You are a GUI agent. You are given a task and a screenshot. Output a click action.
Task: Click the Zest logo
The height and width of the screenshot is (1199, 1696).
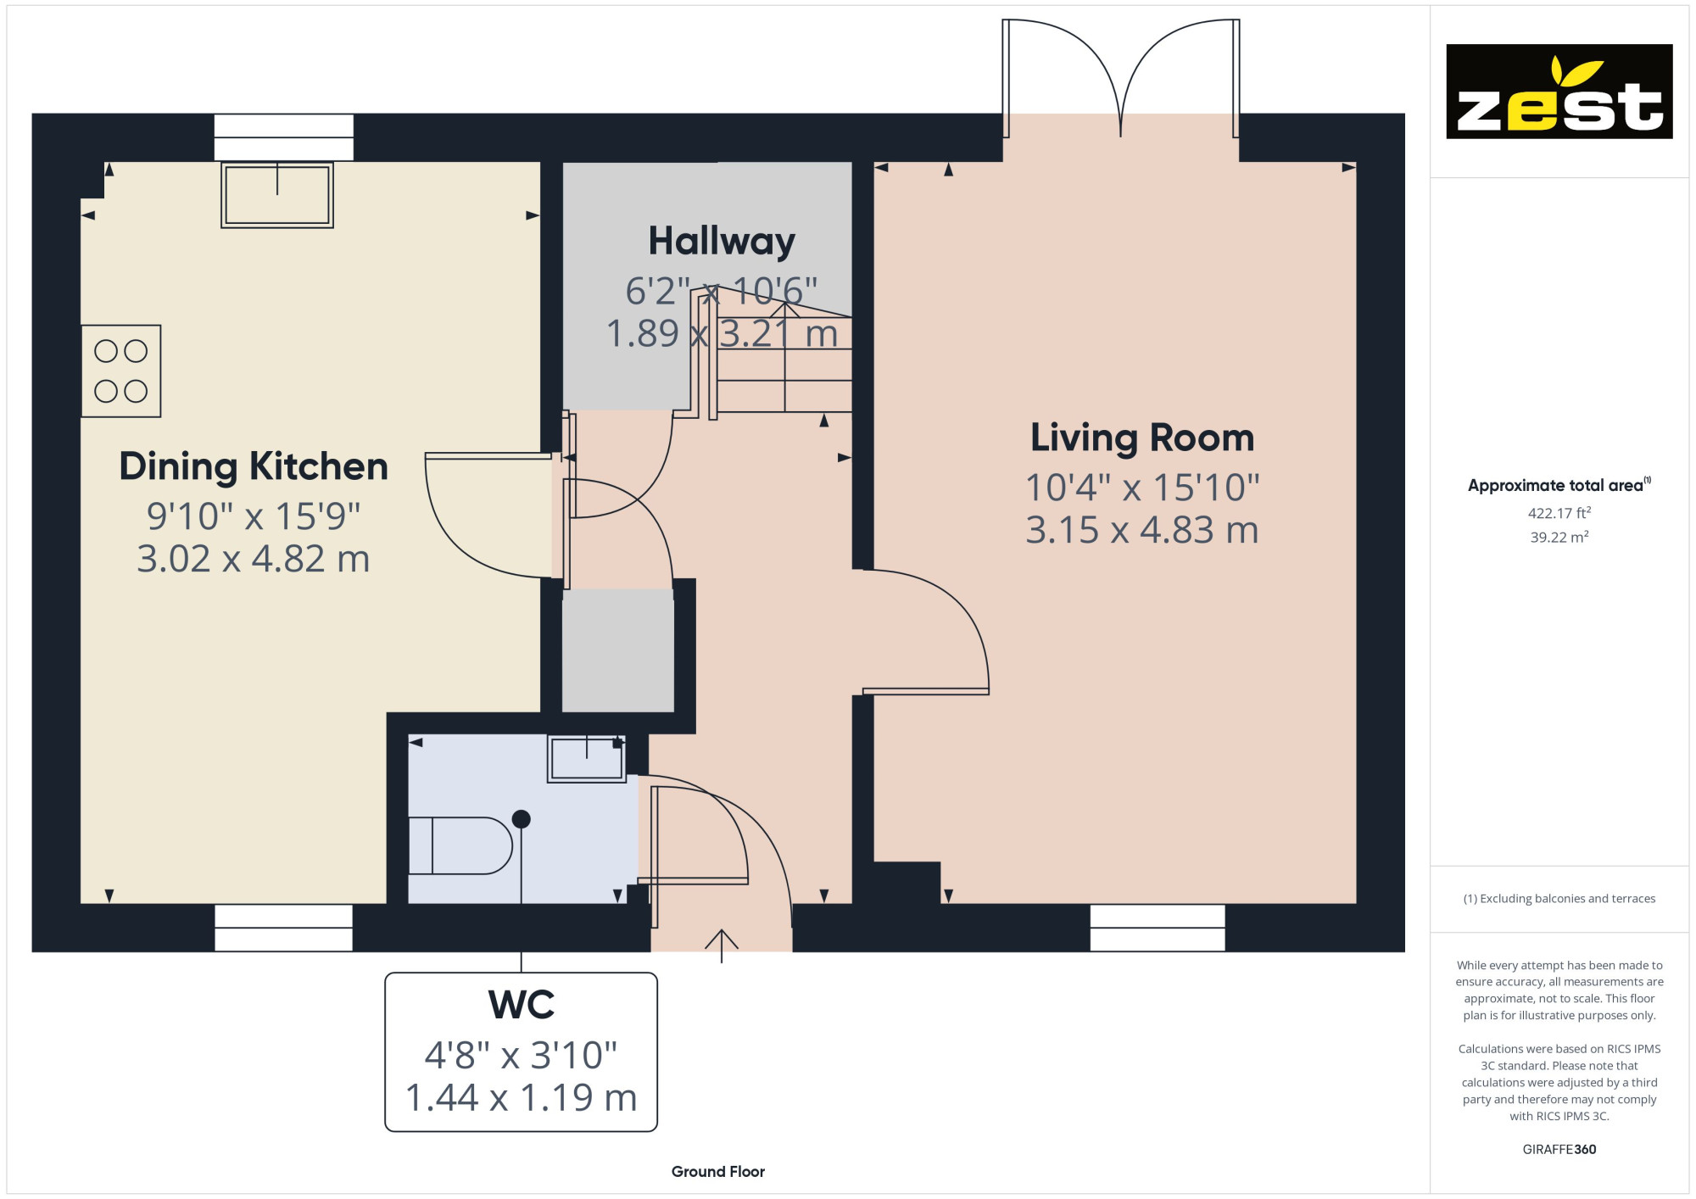click(x=1559, y=92)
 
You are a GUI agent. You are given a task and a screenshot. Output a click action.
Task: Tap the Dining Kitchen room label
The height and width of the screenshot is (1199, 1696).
click(x=254, y=466)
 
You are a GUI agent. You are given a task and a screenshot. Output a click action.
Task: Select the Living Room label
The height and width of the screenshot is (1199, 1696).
click(x=1142, y=438)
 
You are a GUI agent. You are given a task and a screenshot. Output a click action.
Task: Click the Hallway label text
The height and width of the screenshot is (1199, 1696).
click(x=722, y=242)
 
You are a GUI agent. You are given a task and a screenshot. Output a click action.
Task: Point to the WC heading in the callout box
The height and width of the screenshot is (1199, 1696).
click(x=521, y=1005)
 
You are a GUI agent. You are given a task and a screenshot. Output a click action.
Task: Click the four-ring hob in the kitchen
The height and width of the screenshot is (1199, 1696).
click(x=121, y=371)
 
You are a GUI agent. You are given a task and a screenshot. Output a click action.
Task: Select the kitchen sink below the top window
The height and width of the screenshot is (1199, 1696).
click(x=277, y=195)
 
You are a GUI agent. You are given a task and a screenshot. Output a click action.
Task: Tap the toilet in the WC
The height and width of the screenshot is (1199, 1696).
click(x=460, y=845)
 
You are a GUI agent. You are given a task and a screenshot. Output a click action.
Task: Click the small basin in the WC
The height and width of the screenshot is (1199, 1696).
click(x=587, y=758)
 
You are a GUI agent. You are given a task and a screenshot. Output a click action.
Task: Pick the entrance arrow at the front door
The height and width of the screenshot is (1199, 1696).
click(x=722, y=945)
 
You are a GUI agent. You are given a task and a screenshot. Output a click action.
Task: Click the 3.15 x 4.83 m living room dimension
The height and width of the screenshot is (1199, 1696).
click(x=1142, y=530)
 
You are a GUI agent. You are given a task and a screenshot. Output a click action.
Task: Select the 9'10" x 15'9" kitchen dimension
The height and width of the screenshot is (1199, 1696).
click(x=254, y=516)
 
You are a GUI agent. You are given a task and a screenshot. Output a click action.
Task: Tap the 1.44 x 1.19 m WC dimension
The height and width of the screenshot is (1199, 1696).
click(x=521, y=1097)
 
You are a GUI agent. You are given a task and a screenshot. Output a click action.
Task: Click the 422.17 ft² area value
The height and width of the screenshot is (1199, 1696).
click(x=1559, y=513)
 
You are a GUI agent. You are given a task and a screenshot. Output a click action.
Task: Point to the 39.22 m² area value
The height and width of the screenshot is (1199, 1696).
click(x=1559, y=537)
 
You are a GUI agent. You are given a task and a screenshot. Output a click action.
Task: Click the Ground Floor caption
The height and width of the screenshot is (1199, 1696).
click(x=718, y=1172)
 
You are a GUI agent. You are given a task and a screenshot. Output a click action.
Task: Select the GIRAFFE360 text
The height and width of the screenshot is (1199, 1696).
click(x=1559, y=1150)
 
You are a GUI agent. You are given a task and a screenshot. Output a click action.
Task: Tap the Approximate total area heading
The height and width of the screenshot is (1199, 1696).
click(x=1559, y=485)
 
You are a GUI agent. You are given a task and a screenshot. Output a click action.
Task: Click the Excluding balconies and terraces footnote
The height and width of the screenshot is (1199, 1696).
click(x=1559, y=899)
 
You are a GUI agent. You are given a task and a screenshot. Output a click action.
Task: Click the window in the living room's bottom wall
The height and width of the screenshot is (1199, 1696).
click(x=1158, y=928)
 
